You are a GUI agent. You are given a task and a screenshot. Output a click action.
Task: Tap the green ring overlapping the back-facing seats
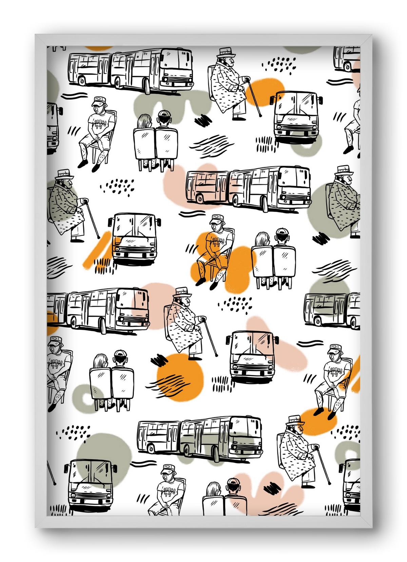pyautogui.click(x=85, y=397)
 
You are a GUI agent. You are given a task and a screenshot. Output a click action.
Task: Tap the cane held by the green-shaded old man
pyautogui.click(x=92, y=219)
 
